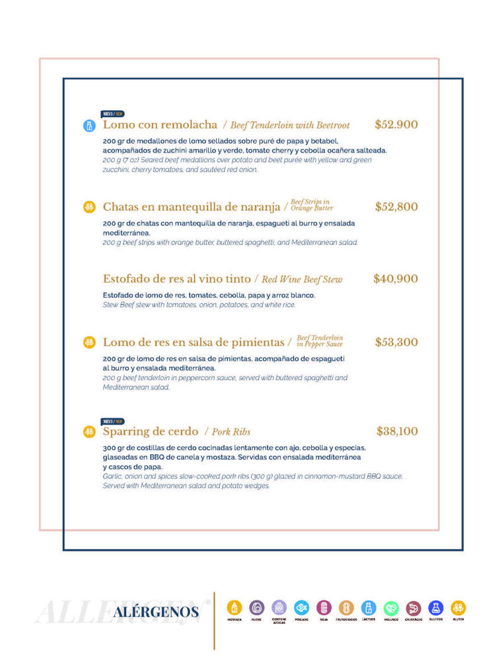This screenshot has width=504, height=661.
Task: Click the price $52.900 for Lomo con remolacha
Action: point(396,124)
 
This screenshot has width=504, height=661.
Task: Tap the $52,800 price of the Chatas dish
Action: point(396,207)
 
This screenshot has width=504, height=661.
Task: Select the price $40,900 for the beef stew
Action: point(395,279)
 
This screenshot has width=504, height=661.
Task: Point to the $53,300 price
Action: point(396,342)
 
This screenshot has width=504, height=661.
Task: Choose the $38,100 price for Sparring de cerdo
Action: point(397,432)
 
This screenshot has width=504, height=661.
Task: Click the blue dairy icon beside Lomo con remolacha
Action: point(89,125)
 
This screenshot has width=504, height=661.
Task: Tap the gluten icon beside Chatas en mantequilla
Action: point(89,207)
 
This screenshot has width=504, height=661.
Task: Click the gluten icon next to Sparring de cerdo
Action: point(89,432)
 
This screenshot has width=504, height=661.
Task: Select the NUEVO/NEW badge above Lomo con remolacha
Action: point(112,114)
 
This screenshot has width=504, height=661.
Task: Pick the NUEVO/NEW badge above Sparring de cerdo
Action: point(112,421)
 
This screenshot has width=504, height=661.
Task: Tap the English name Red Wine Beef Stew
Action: point(302,280)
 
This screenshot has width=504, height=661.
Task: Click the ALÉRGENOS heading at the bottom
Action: point(155,612)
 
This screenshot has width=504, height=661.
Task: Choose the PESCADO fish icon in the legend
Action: point(302,607)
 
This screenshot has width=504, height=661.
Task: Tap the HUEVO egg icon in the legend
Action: point(256,607)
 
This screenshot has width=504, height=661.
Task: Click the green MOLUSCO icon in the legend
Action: point(391,608)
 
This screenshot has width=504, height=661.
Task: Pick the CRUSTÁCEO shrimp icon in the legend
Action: point(414,608)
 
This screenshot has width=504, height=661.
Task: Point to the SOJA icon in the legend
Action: point(324,607)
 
